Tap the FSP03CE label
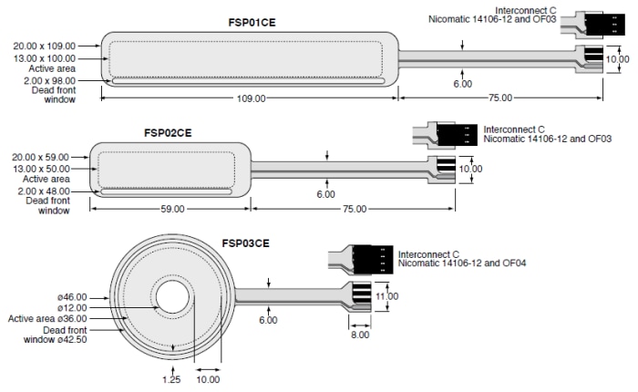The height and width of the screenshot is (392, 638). (x=246, y=244)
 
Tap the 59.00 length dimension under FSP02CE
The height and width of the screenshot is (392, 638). (x=170, y=209)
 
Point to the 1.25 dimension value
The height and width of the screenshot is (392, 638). (x=171, y=377)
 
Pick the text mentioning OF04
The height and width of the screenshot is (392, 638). (x=465, y=264)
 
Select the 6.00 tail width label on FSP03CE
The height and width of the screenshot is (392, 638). (x=268, y=320)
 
